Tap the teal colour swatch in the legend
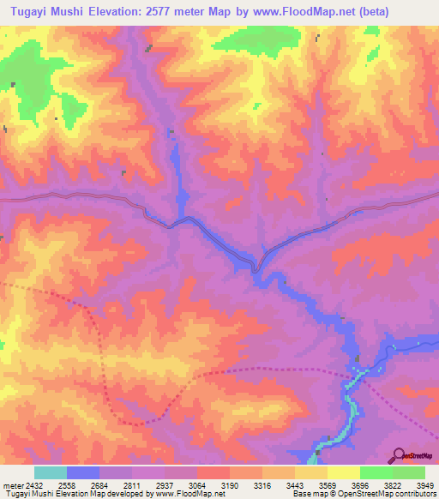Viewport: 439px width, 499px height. (51, 472)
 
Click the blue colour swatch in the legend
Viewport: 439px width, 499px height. (83, 472)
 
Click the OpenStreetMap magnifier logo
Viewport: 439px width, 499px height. (399, 454)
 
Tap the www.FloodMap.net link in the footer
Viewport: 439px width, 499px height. (182, 494)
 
